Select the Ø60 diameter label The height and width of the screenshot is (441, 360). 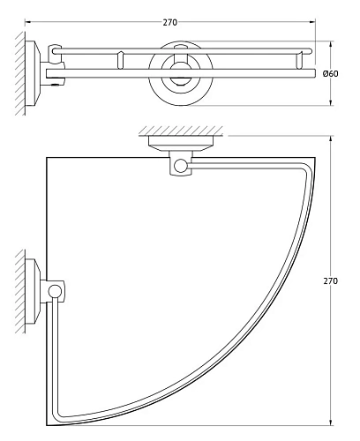[343, 73]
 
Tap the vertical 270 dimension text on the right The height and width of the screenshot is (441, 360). [330, 280]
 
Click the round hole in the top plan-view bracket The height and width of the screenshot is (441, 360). [182, 164]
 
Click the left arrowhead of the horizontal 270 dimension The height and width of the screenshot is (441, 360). [26, 20]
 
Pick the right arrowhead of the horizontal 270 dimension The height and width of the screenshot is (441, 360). [311, 20]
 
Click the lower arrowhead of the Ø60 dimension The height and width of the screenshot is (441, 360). [331, 103]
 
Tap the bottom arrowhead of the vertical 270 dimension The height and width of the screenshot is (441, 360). [331, 422]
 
